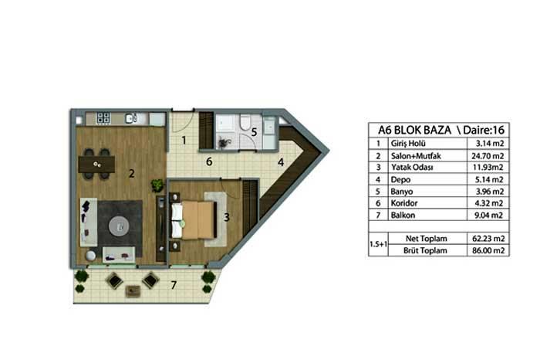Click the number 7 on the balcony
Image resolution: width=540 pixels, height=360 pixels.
[174, 285]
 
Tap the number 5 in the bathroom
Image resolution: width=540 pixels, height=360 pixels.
[254, 132]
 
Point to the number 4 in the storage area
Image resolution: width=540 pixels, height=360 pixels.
[281, 162]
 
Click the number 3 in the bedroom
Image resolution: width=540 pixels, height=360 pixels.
[227, 217]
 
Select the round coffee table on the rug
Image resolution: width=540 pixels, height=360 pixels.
[119, 226]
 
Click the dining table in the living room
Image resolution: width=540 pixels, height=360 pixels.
[96, 165]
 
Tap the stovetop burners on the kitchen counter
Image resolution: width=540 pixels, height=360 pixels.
[103, 118]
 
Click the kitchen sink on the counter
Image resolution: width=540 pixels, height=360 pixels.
[131, 118]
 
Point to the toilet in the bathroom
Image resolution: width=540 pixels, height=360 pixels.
[246, 123]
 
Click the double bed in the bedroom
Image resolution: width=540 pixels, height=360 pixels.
[194, 220]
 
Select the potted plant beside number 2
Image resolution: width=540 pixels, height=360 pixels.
[157, 185]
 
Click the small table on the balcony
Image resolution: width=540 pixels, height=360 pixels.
[133, 292]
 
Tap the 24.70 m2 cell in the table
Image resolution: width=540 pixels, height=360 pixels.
[488, 156]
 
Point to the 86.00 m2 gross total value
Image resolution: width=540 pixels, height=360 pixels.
[488, 250]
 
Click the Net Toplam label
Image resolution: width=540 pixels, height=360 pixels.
[427, 239]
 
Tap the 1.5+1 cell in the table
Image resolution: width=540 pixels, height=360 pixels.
[378, 244]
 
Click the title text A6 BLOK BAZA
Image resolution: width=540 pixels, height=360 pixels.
[414, 130]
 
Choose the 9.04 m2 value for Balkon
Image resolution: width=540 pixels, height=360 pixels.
[489, 216]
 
